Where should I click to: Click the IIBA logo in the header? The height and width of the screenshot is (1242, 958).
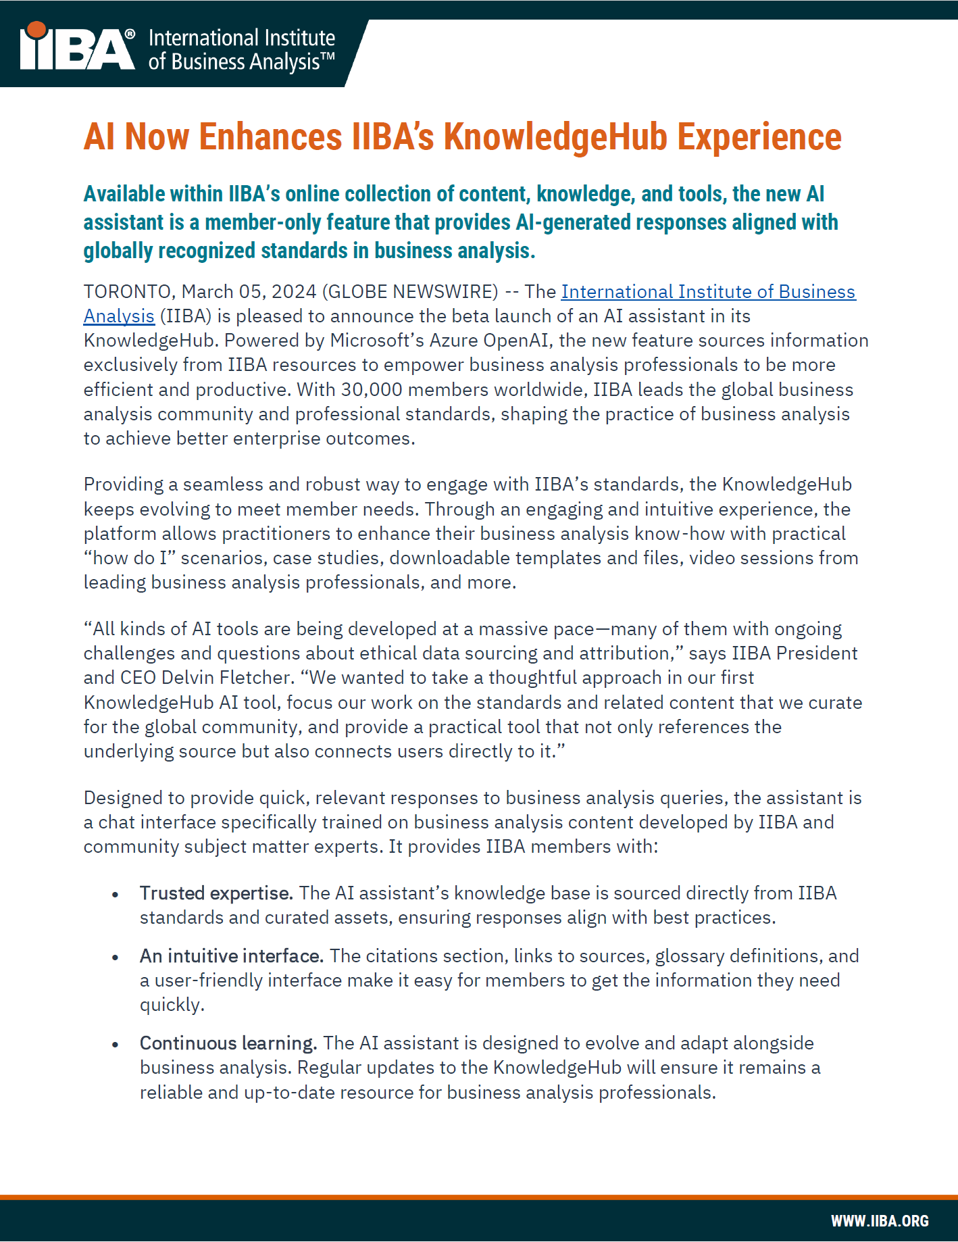(77, 49)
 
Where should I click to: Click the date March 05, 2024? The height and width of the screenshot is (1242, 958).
(249, 292)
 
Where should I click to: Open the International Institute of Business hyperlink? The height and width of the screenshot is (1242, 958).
(708, 292)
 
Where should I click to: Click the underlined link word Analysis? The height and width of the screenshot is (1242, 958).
(119, 316)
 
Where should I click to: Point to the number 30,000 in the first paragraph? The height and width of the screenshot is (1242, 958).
(371, 390)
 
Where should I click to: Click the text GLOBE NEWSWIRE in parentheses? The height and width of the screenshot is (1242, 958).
(410, 292)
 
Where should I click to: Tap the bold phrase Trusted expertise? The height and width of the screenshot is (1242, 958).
(216, 893)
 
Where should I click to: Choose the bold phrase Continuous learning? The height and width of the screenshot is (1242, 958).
(228, 1043)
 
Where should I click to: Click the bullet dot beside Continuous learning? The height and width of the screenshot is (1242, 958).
(116, 1045)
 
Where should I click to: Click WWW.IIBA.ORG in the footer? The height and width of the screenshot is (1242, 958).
(880, 1221)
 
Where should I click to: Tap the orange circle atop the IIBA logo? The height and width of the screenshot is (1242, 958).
(36, 30)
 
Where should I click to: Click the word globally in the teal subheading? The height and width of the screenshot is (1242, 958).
(118, 251)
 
